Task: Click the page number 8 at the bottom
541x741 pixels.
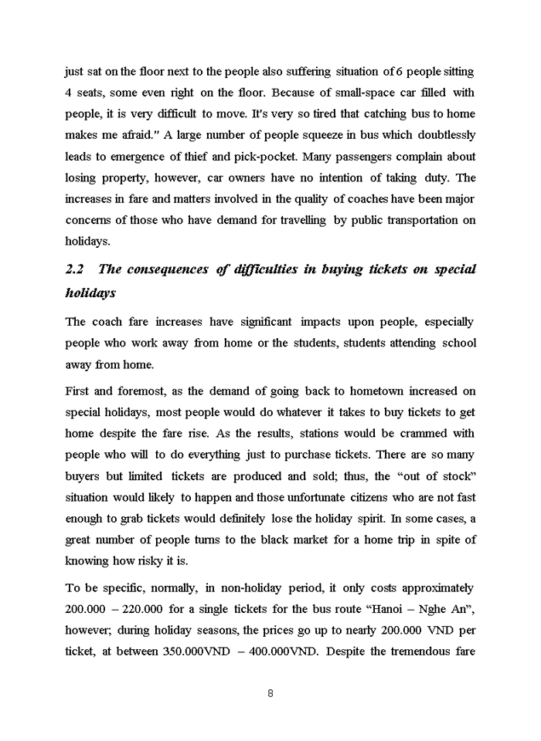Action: [270, 693]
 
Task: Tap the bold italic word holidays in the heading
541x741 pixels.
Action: [90, 293]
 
